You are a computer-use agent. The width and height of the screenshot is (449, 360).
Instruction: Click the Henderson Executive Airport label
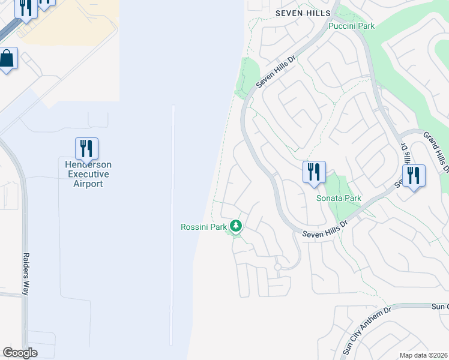coord(88,174)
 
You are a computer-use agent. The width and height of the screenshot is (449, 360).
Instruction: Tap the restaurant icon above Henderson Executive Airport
coord(86,148)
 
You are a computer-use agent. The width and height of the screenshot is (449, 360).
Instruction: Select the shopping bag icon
coord(7,59)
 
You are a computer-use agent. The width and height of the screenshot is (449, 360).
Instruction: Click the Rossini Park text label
coord(203,227)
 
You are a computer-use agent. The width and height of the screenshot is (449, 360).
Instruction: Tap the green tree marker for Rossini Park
coord(237,226)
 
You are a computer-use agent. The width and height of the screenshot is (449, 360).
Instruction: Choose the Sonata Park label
coord(339,198)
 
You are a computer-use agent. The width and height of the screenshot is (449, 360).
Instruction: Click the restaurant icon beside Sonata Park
coord(313,172)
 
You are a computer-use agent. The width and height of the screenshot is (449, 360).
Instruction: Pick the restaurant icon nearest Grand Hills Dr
coord(414,176)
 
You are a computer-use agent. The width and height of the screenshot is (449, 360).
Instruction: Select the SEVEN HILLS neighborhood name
coord(303,13)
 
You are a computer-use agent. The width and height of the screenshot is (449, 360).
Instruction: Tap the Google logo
coord(20,353)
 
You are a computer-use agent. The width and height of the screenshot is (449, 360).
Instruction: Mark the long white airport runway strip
coord(173,228)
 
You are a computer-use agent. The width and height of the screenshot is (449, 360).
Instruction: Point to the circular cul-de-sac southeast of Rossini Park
coord(277,266)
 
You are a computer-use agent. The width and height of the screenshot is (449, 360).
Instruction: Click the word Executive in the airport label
coord(88,174)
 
